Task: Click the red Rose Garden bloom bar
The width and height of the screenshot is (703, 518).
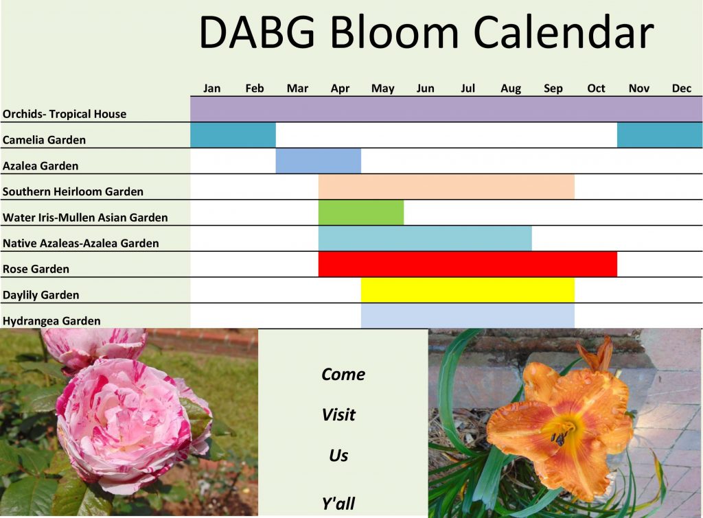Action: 468,264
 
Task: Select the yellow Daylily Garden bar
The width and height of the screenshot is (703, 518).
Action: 468,290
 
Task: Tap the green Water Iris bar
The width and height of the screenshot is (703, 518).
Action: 361,213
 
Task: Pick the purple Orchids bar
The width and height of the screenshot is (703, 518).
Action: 446,109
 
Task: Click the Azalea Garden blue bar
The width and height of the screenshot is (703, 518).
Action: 319,161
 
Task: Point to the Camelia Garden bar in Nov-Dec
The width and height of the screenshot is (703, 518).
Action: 660,135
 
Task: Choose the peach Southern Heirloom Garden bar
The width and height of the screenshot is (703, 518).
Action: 446,187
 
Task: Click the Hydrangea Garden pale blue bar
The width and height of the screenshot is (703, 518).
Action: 468,316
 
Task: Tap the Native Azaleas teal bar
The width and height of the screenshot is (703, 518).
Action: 425,238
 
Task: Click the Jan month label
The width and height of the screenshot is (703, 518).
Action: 211,89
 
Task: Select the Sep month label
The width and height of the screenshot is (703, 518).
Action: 553,89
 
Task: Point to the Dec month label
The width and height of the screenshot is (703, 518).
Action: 682,89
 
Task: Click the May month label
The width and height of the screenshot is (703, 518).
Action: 383,89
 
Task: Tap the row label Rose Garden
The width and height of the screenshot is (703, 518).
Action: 36,269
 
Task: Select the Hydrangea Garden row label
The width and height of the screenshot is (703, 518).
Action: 51,321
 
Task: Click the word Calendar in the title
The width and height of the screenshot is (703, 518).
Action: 564,32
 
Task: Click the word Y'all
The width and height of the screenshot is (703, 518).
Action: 338,504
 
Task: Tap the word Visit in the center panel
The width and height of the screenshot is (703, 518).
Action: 338,415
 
